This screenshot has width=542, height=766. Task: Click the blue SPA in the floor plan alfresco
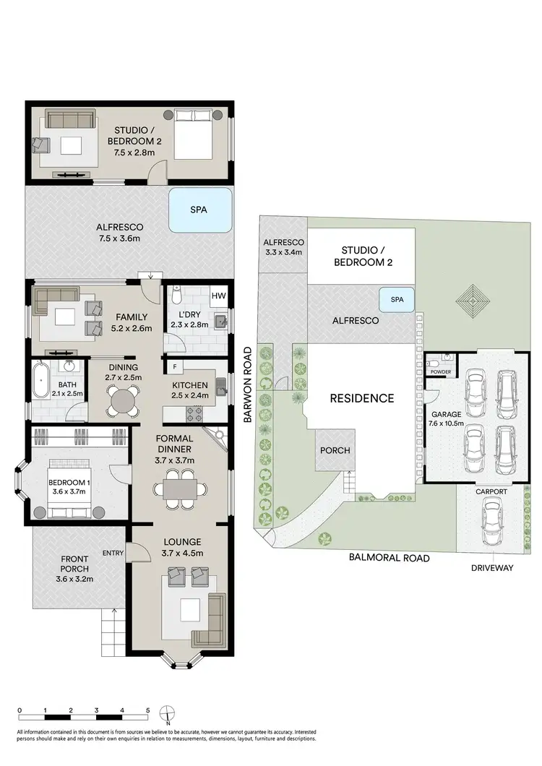[200, 210]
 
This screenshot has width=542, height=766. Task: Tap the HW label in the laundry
[218, 296]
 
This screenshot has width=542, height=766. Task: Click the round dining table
[123, 399]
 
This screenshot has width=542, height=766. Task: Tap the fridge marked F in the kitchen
[174, 367]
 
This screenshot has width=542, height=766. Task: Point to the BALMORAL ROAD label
[390, 557]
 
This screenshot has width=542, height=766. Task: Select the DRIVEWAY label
[492, 568]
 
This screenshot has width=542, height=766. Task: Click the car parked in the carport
[491, 525]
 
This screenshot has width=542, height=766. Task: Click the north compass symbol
[166, 713]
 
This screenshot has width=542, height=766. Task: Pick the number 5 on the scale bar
[147, 710]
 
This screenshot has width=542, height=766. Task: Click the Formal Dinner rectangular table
[178, 489]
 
